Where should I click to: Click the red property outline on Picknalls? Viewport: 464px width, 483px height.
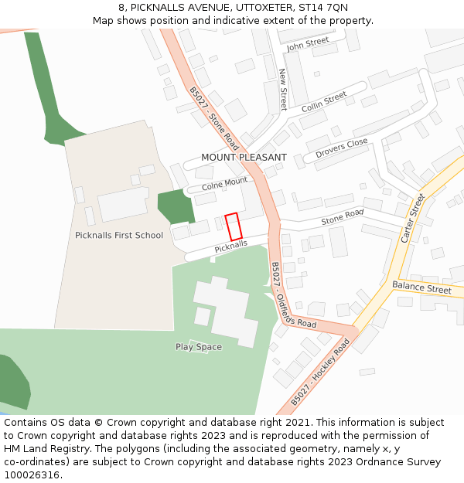pos(234,226)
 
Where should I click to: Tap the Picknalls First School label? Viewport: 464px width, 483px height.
pos(119,235)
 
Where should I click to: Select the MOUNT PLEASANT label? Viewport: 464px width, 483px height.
pos(244,158)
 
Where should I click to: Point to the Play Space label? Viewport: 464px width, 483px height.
pos(198,347)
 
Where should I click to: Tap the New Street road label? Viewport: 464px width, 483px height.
pos(283,89)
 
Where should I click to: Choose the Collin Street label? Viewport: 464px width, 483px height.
pos(324,101)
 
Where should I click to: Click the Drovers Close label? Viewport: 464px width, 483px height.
pos(341,148)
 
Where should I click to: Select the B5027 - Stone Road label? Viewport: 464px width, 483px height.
pos(214,118)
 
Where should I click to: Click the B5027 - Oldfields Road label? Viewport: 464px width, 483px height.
pos(293,295)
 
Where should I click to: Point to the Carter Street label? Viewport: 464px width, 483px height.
pos(413,218)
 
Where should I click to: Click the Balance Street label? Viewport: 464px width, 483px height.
pos(421,288)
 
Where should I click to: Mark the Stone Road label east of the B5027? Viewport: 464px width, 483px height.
pos(342,218)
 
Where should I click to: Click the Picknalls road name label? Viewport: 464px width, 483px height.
pos(230,246)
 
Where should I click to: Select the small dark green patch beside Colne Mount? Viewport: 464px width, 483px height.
pos(176,206)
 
